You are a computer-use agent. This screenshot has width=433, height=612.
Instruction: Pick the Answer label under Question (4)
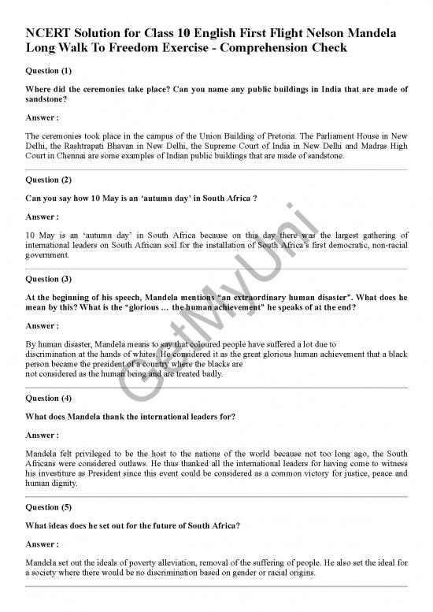point(43,435)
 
